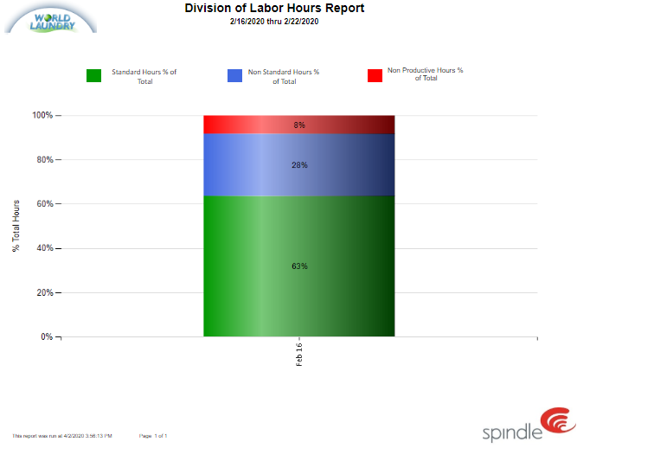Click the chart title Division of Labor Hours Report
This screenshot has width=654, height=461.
tap(274, 9)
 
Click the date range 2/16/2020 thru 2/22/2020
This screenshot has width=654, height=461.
tap(274, 21)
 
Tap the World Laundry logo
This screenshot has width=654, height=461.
tap(51, 18)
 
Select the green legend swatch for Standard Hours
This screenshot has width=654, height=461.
tap(94, 75)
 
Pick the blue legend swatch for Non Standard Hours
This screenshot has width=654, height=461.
tap(234, 75)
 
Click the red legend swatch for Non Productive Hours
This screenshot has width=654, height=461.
tap(375, 75)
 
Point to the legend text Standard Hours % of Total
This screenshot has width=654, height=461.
tap(144, 76)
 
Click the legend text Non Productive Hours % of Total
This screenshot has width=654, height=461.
tap(425, 74)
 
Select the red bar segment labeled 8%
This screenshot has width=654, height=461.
tap(299, 125)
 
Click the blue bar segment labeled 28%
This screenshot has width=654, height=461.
tap(299, 165)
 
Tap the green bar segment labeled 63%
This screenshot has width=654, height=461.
tap(299, 266)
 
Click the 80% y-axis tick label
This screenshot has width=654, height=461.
tap(44, 160)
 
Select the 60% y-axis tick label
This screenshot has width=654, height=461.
tap(44, 204)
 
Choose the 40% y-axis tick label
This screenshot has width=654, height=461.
tap(44, 248)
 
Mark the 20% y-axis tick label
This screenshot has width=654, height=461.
tap(44, 292)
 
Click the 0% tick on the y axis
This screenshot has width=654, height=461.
tap(47, 336)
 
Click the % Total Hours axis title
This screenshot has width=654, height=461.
tap(16, 226)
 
